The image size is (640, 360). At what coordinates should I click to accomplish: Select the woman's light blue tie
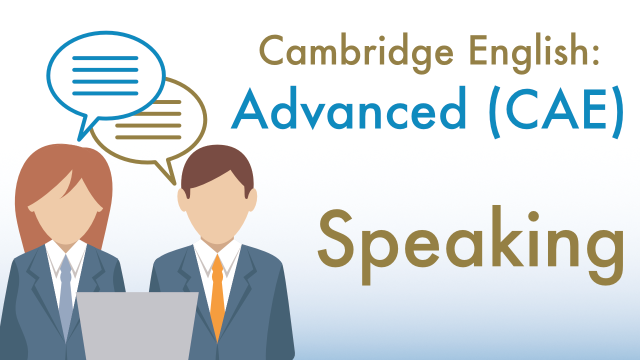tap(65, 295)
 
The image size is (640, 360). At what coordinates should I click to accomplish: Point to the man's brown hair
tap(215, 165)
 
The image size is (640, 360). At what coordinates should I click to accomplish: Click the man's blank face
tap(217, 215)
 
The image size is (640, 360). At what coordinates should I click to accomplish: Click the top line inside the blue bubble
tap(105, 58)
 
